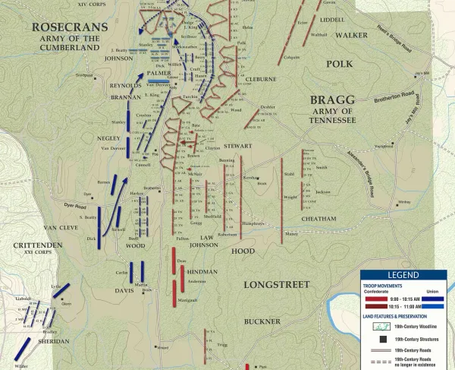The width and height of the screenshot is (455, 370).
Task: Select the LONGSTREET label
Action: (277, 284)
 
